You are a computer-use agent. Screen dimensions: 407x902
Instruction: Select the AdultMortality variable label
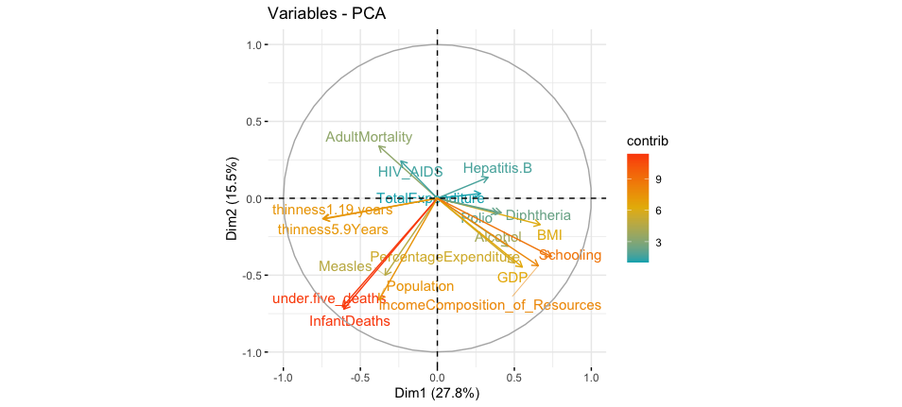[x=369, y=137]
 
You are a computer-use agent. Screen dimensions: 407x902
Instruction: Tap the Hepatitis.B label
[x=497, y=168]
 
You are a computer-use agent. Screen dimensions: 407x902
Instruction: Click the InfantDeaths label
[x=349, y=321]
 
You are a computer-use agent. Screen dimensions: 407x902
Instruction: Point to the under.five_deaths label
[x=329, y=299]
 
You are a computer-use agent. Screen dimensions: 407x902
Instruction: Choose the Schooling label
[x=570, y=255]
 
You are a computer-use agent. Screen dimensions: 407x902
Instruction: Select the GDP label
[x=512, y=278]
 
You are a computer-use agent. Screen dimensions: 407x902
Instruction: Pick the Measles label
[x=345, y=266]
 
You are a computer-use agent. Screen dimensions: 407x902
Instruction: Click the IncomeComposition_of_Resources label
[x=490, y=305]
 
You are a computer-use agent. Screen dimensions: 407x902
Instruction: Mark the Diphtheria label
[x=538, y=215]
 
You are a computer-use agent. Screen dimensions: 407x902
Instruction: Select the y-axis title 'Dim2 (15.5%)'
[x=233, y=198]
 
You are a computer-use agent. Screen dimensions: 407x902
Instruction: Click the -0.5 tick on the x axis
[x=360, y=377]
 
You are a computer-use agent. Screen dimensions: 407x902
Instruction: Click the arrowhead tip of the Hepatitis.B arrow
[x=490, y=178]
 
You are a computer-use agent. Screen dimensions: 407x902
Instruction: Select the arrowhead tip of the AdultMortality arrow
[x=378, y=145]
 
